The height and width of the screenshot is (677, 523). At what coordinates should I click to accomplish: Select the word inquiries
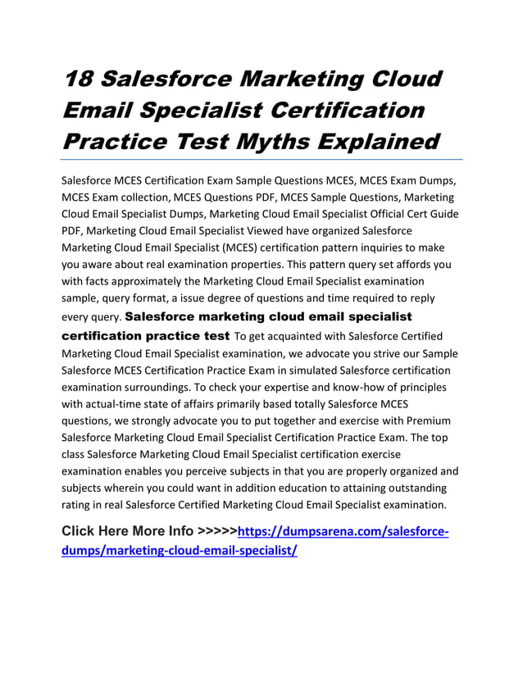373,248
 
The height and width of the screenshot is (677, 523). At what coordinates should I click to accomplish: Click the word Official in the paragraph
376,214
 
